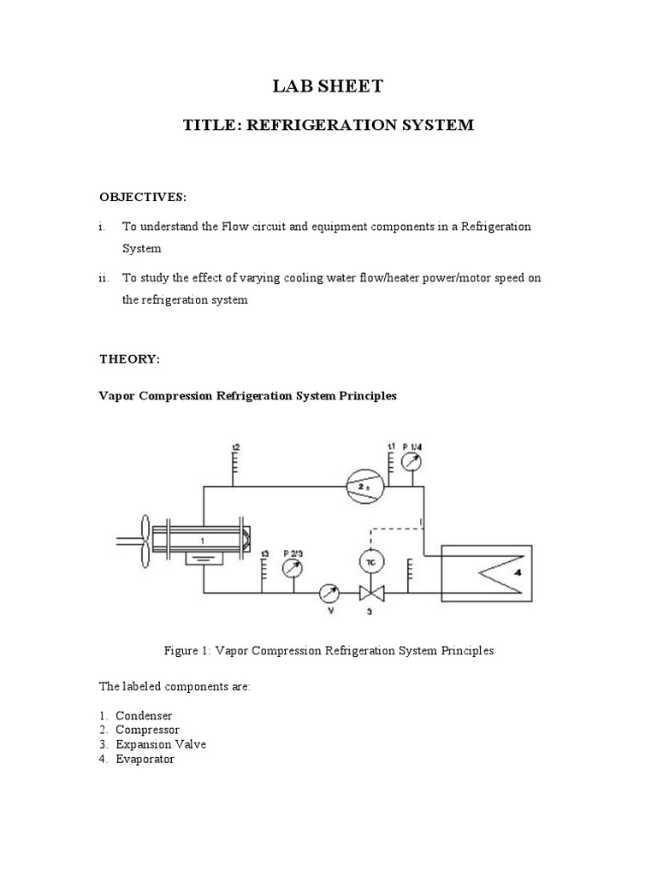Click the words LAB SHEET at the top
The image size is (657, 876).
click(328, 86)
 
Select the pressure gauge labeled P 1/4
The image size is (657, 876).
click(411, 463)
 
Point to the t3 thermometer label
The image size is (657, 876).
click(265, 553)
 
